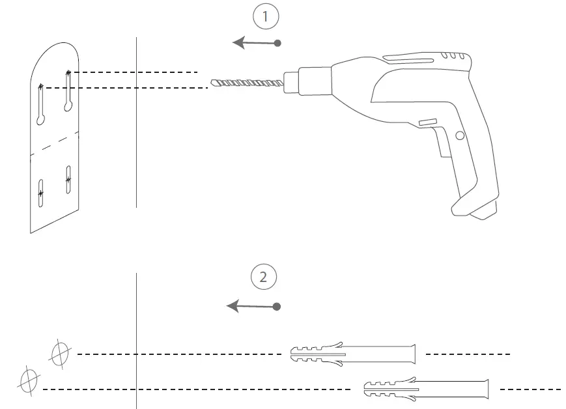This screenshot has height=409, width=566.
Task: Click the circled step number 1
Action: (x=265, y=18)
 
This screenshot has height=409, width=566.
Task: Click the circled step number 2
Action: (x=264, y=277)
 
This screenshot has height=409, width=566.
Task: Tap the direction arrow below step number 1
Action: (x=257, y=43)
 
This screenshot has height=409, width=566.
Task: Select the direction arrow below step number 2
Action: (x=253, y=306)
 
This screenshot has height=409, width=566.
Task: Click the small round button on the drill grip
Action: (x=460, y=135)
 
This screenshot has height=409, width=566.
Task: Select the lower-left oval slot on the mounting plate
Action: (x=40, y=193)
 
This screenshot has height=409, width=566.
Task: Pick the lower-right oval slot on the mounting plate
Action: (x=68, y=178)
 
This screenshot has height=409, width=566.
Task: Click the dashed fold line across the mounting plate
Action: (x=55, y=143)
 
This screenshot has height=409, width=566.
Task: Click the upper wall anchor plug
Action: (x=352, y=354)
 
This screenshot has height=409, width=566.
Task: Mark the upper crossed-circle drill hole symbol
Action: (x=60, y=354)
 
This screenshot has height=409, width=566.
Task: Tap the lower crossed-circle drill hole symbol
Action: (x=29, y=378)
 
